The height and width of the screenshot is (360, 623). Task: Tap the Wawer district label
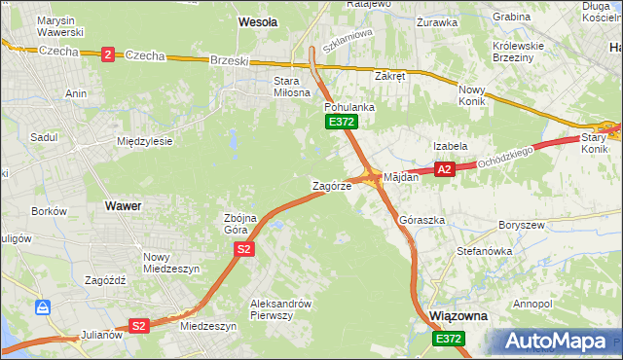tap(123, 206)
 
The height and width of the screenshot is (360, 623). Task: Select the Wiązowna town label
tap(458, 317)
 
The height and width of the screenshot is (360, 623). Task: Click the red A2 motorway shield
tap(445, 169)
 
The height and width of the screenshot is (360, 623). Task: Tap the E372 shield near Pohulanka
tap(342, 122)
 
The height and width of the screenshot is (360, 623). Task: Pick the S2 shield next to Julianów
tap(139, 326)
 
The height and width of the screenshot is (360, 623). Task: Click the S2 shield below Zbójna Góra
tap(244, 250)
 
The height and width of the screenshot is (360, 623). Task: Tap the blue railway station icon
tap(43, 307)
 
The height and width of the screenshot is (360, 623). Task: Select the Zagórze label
tap(331, 185)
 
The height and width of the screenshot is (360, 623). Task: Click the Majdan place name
tap(401, 177)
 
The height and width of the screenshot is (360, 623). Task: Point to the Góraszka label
tap(422, 221)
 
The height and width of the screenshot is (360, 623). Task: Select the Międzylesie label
tap(144, 141)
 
